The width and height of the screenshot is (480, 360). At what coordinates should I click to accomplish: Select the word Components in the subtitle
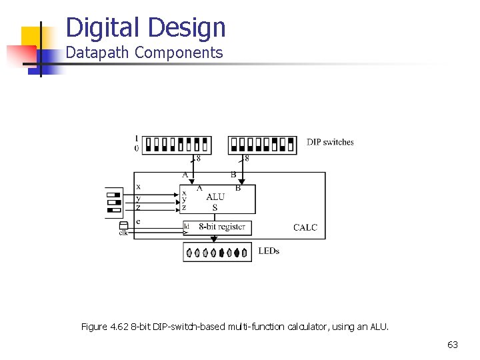[x=179, y=53]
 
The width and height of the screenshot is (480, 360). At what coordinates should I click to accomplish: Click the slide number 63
[x=453, y=345]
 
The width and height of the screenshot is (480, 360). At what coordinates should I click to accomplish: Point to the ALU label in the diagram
[x=215, y=197]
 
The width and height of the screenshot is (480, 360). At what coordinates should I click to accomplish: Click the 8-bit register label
[x=222, y=227]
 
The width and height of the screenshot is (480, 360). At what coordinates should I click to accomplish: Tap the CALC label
[x=305, y=227]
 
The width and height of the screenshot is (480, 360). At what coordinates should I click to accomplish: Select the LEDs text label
[x=269, y=251]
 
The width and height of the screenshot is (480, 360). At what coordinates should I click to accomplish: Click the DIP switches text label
[x=330, y=142]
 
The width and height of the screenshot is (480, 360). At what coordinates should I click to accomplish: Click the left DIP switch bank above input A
[x=177, y=145]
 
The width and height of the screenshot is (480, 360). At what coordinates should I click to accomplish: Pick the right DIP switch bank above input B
[x=261, y=145]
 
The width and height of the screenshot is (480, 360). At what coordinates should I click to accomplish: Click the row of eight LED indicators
[x=217, y=253]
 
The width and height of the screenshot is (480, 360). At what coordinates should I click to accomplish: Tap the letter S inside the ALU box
[x=215, y=208]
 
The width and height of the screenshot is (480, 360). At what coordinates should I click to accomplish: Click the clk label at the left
[x=123, y=233]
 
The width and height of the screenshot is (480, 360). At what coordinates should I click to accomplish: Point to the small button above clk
[x=123, y=225]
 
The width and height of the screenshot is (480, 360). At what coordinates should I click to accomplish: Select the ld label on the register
[x=187, y=227]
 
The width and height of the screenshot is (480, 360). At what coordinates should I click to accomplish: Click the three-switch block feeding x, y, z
[x=113, y=203]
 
